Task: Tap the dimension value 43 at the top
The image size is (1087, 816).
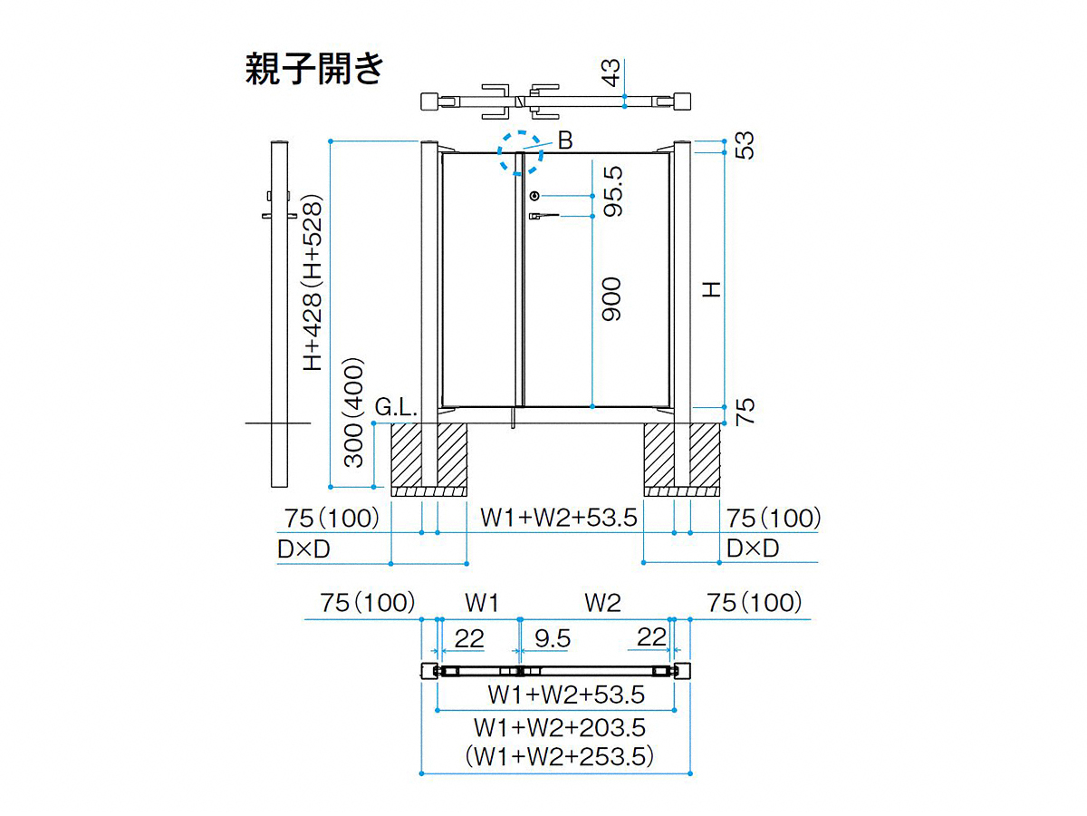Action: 612,73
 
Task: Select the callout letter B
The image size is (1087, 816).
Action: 565,141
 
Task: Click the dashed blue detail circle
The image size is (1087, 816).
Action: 520,153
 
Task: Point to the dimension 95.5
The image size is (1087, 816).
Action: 613,191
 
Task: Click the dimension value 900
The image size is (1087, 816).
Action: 611,299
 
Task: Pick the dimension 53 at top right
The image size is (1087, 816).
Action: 745,145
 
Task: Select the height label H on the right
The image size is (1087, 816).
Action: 711,289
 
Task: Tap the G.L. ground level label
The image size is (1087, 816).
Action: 396,408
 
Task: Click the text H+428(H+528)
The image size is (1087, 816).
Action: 313,283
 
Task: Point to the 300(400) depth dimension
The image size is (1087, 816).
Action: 354,413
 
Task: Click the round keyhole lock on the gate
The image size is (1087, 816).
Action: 534,196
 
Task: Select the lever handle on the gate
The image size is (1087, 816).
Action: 543,216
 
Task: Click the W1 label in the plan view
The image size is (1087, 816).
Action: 482,603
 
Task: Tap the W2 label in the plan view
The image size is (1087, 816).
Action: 602,603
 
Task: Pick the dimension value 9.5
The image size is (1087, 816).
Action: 553,638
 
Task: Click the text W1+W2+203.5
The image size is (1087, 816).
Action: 560,728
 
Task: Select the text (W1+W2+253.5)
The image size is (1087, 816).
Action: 560,756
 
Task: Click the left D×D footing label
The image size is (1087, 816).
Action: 303,549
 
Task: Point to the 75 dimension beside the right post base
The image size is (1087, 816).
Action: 745,412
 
